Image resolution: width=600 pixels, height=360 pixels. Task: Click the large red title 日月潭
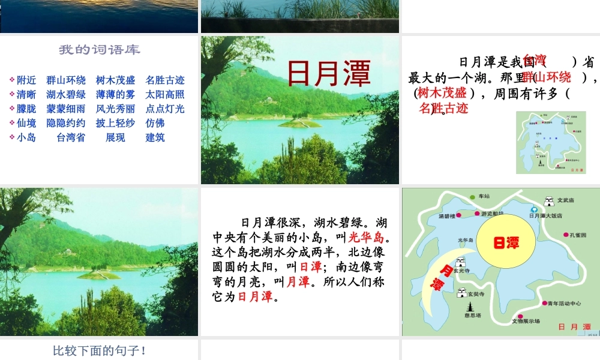[x=329, y=73]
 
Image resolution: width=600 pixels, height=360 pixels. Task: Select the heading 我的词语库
[x=100, y=50]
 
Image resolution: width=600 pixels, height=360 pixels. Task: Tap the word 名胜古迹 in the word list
[x=165, y=80]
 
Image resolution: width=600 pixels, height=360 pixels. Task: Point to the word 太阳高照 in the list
[x=165, y=94]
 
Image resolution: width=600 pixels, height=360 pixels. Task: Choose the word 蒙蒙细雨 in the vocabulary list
[x=66, y=109]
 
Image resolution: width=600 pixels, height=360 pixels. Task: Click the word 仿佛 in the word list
[x=155, y=123]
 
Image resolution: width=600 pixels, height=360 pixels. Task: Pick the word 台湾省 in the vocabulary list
[x=71, y=137]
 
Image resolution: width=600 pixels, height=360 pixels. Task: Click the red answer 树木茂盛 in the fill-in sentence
[x=442, y=92]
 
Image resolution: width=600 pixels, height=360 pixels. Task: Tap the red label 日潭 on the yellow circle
[x=506, y=243]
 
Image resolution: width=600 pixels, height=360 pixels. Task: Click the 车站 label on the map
[x=484, y=196]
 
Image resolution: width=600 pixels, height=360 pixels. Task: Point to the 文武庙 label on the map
[x=566, y=200]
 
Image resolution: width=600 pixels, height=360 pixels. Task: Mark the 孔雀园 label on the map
[x=578, y=235]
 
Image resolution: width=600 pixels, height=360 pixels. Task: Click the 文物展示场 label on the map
[x=526, y=321]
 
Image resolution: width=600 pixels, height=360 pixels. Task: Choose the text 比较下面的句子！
[x=100, y=350]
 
